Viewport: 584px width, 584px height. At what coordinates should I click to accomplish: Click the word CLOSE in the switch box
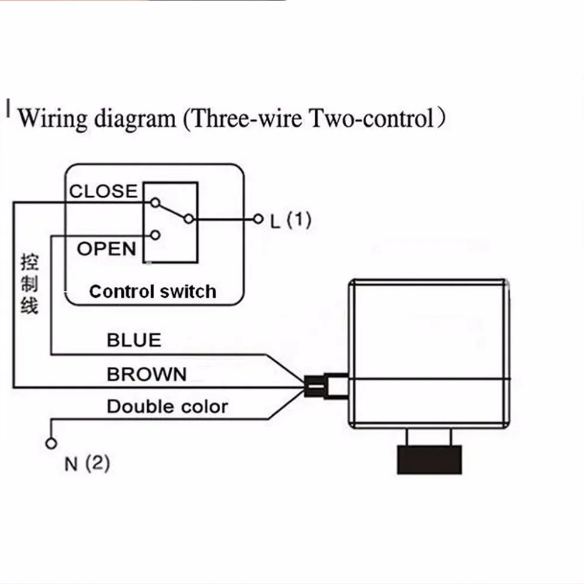103,192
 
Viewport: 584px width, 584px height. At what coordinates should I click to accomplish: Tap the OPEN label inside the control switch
106,249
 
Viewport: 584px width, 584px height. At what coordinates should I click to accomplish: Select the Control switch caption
152,291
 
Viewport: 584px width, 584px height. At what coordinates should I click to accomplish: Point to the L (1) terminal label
290,220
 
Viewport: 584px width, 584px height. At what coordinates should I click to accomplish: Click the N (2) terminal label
87,464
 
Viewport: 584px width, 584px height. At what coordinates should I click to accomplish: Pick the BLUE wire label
134,340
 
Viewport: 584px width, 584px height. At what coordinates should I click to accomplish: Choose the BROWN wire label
147,374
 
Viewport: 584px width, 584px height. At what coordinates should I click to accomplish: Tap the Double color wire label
168,406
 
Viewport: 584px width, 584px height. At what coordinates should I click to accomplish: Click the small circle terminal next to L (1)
258,219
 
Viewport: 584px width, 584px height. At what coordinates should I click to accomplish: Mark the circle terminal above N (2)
51,444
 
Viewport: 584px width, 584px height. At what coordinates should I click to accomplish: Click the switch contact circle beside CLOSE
155,203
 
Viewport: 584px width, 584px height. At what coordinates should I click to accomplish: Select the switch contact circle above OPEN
155,235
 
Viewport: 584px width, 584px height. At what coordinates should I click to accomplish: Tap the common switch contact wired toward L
189,219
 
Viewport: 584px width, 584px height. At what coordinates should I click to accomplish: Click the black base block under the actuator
429,460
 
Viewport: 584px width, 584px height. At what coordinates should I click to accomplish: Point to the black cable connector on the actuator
315,386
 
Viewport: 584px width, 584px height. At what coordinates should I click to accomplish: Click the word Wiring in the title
53,119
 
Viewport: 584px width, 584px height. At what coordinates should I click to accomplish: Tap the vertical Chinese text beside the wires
29,284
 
